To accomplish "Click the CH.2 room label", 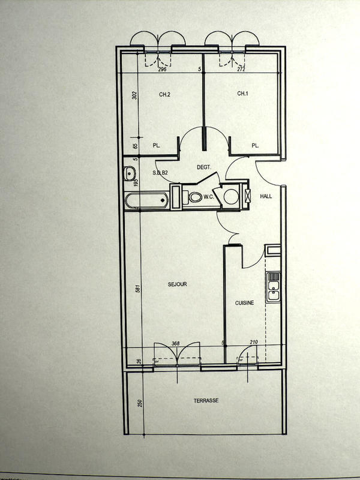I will (165, 94).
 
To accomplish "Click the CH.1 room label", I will (242, 94).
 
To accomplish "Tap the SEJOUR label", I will (178, 284).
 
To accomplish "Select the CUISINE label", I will (244, 303).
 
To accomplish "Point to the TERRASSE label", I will (206, 400).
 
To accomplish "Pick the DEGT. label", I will (205, 169).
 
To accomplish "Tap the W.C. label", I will (209, 196).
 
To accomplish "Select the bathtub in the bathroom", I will (147, 200).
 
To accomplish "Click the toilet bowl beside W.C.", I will (196, 197).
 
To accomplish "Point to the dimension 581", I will (138, 288).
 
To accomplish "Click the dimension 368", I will (176, 343).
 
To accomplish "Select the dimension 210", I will (253, 343).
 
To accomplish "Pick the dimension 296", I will (161, 70).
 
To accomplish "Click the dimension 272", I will (241, 70).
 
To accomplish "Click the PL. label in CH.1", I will (255, 145).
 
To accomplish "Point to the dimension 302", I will (135, 95).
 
